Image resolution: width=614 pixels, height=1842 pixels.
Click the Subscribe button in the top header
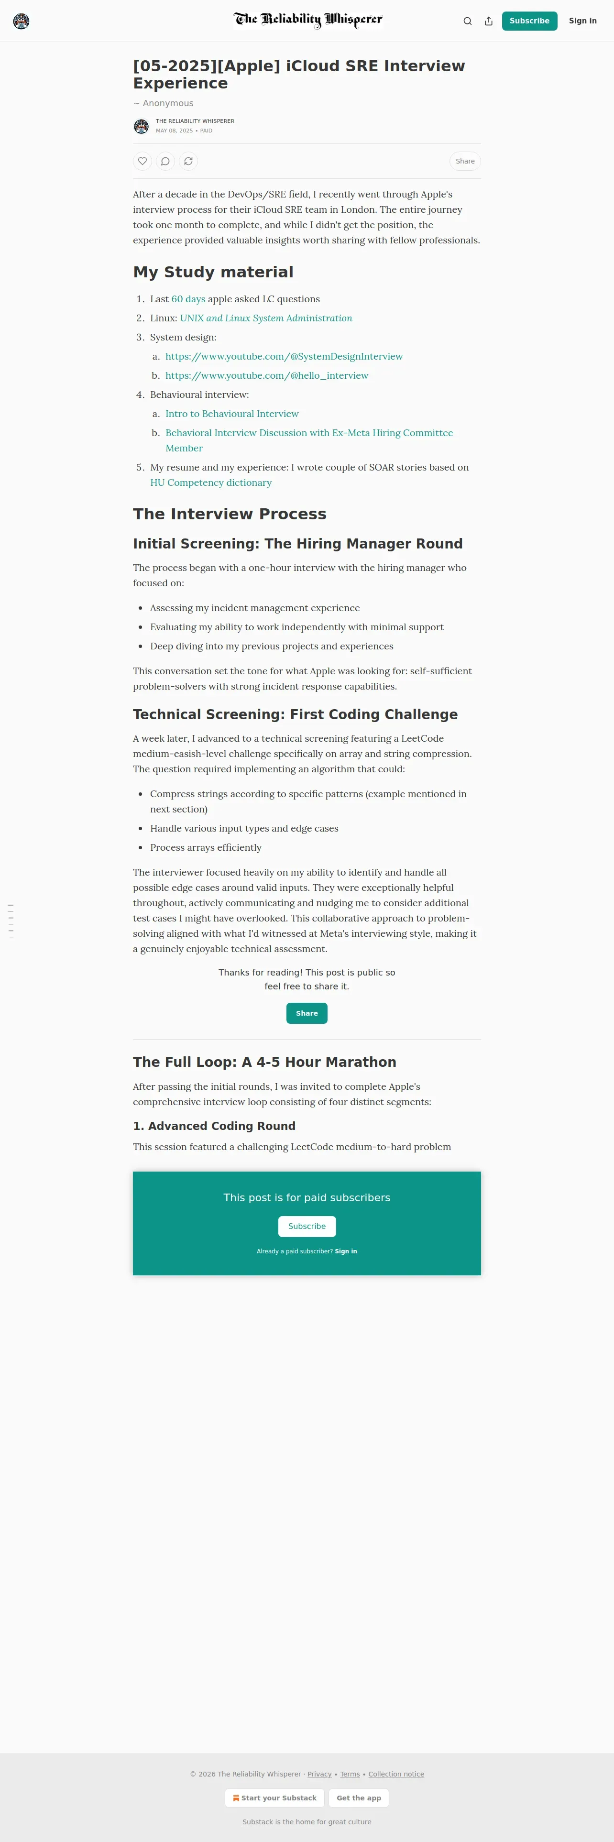(529, 21)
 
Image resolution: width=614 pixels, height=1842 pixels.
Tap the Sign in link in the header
(582, 21)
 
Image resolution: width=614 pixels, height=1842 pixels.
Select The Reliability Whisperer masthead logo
(307, 20)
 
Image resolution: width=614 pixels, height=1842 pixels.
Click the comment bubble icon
(165, 161)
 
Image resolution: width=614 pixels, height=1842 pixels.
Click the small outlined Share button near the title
(465, 161)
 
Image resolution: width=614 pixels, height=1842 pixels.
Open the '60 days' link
(188, 299)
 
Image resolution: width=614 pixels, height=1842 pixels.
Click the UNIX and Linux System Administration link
(266, 318)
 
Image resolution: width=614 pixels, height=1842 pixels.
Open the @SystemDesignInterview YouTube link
(284, 356)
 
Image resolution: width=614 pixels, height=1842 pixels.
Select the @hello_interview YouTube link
(267, 375)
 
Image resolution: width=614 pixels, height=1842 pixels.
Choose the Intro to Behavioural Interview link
(231, 413)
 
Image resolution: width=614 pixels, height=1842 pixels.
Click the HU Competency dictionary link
(211, 482)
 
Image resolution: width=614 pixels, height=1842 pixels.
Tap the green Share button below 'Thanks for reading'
(307, 1013)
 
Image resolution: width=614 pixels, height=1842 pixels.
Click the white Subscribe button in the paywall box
(307, 1227)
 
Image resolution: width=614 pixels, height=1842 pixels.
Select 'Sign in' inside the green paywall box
(346, 1251)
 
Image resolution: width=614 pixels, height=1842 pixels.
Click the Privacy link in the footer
(319, 1774)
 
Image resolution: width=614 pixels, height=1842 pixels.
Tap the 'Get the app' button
(359, 1798)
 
